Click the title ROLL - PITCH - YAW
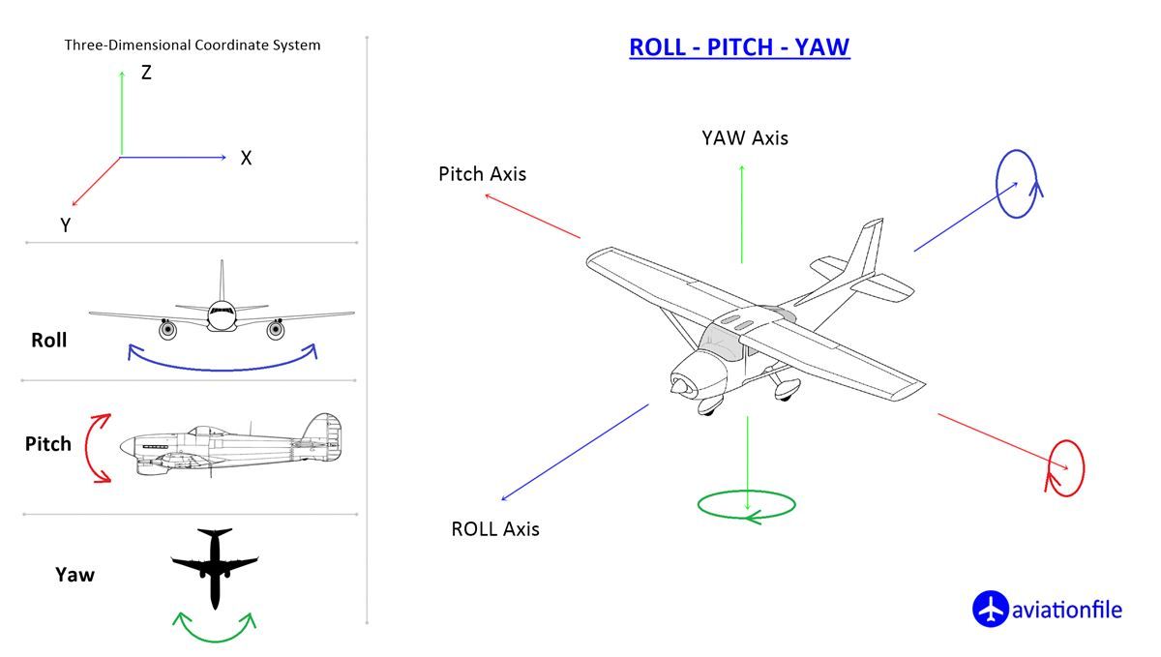(x=739, y=47)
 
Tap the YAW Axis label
(x=744, y=138)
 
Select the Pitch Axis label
(x=482, y=174)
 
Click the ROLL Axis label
(x=494, y=529)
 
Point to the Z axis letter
(x=146, y=73)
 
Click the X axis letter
(x=246, y=159)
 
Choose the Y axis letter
(x=65, y=225)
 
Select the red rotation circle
(x=1066, y=468)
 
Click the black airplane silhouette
(x=215, y=566)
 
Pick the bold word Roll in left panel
(x=49, y=341)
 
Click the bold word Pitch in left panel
(x=48, y=444)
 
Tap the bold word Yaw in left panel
(x=74, y=575)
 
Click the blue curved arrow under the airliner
(x=223, y=366)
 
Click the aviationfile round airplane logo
(x=990, y=610)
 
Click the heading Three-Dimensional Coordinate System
(x=193, y=45)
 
